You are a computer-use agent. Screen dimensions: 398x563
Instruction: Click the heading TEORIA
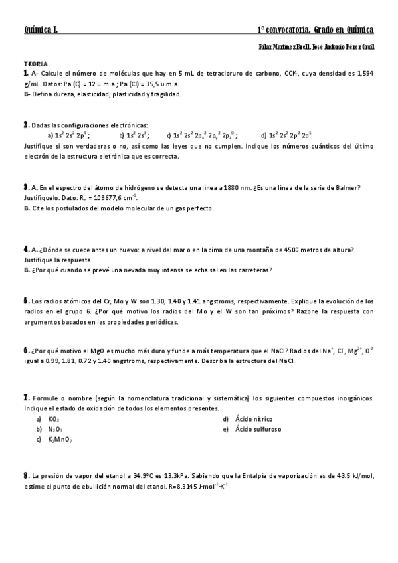pyautogui.click(x=33, y=62)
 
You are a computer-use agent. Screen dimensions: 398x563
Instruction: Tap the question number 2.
pyautogui.click(x=26, y=125)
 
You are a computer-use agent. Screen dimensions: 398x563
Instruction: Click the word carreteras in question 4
pyautogui.click(x=254, y=270)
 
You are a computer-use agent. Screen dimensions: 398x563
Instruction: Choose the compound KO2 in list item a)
pyautogui.click(x=54, y=419)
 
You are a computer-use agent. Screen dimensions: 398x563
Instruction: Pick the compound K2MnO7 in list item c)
pyautogui.click(x=60, y=440)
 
